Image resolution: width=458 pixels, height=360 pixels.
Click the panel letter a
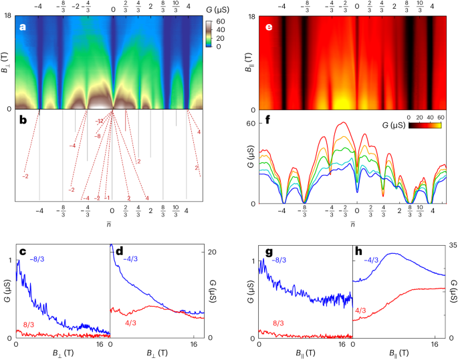click(x=23, y=27)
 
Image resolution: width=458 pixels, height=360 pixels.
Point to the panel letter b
click(x=23, y=122)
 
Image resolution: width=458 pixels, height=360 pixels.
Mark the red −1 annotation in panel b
click(x=106, y=198)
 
